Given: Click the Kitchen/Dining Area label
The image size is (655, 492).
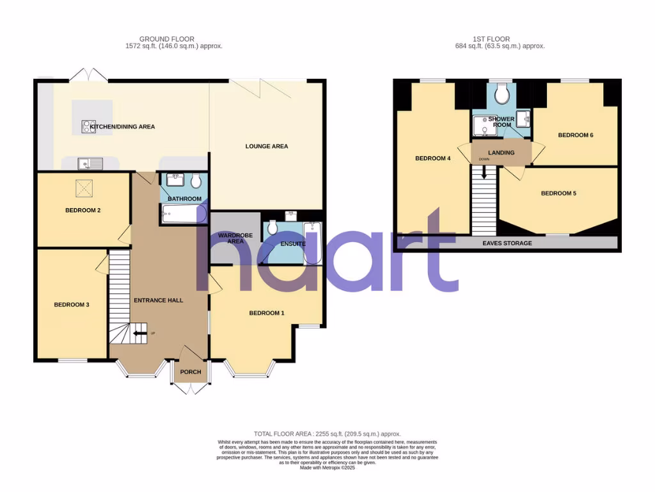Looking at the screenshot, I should coord(122,127).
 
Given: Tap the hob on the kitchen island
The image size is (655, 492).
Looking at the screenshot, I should coord(88,127).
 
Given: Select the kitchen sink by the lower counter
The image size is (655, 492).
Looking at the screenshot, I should coord(90,164).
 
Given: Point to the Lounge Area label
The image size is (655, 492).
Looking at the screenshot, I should coord(267,147).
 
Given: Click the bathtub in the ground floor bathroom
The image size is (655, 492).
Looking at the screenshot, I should coord(184,214).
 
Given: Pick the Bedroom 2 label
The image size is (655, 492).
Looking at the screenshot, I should coord(83,210).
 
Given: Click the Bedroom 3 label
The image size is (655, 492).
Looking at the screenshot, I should coord(71,305).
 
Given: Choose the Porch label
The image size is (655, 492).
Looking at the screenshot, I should coord(191,372).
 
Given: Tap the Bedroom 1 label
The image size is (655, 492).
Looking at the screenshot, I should coord(267,313).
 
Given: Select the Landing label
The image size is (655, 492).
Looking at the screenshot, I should coord(501,152).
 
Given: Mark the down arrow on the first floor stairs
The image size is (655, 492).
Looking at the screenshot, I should coord(484,171).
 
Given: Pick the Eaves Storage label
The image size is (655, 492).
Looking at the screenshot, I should coord(507,243).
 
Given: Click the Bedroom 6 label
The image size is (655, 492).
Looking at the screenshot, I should coord(576,135).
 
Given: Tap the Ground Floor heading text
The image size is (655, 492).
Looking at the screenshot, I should coord(167,39).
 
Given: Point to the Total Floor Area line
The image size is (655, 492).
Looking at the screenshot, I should coord(327,434).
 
